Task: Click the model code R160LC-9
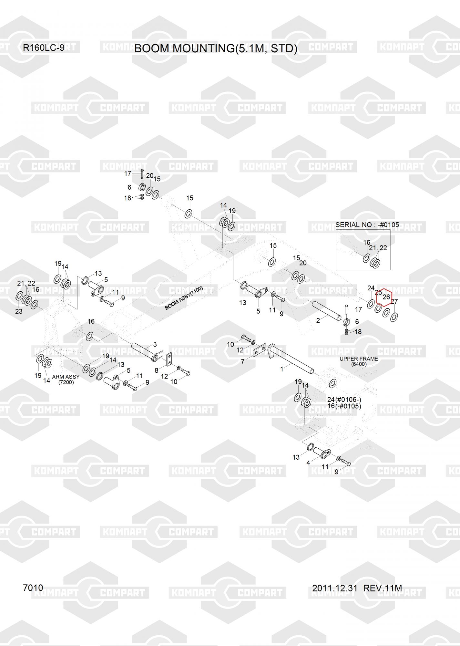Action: tap(43, 48)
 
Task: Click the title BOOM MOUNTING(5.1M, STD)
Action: tap(216, 48)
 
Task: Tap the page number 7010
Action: tap(33, 588)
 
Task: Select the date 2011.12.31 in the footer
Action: tap(334, 588)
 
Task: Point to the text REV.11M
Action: tap(383, 588)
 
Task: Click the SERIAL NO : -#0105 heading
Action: tap(367, 224)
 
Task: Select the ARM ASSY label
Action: tap(66, 377)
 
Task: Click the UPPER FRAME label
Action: tap(359, 359)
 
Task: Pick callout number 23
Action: tap(19, 311)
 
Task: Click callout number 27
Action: tap(394, 301)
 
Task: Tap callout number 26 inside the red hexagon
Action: tap(386, 297)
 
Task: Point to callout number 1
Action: tap(282, 369)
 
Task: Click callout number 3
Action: tap(155, 344)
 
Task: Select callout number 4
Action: tap(308, 463)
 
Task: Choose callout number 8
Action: tap(157, 370)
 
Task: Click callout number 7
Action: tap(243, 362)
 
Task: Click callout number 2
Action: tap(318, 320)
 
